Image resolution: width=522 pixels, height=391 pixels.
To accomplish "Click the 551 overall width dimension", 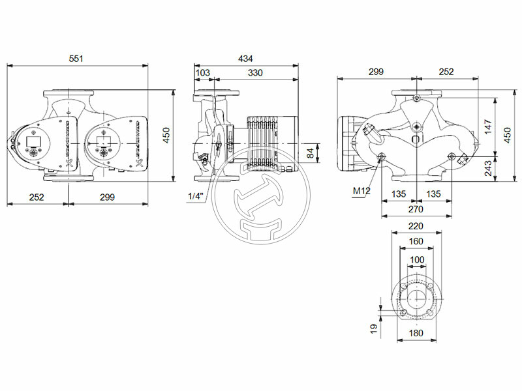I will point(77,59).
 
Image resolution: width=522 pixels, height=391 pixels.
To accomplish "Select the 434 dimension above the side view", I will point(245,59).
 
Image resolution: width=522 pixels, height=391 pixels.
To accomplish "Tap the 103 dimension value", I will point(203,72).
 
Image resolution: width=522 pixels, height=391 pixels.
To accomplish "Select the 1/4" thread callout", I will point(196,196).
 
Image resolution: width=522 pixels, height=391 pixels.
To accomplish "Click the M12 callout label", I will point(361,191).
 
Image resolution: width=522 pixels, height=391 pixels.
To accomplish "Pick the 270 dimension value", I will point(416,209).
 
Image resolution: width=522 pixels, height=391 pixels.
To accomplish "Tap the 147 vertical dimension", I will point(489,127).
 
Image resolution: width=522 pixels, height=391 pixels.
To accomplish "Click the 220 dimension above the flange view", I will point(416,227).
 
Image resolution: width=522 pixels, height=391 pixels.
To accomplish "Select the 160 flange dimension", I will point(416,241).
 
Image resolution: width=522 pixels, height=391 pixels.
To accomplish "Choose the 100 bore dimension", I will point(416,259).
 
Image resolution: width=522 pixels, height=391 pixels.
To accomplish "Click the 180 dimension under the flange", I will point(416,333).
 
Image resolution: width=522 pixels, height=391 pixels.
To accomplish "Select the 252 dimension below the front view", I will point(37,197).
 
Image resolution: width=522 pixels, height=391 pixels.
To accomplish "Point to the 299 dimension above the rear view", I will point(375,72).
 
